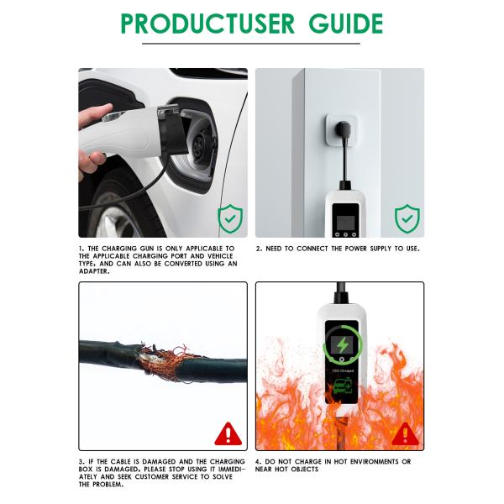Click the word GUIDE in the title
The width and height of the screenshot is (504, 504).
click(346, 24)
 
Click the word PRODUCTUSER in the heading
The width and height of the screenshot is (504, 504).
click(207, 24)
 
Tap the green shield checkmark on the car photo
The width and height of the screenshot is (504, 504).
click(230, 218)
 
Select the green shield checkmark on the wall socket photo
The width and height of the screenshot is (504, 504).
click(407, 218)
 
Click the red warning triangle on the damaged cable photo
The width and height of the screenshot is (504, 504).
click(228, 434)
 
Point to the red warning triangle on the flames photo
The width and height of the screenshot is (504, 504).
click(406, 434)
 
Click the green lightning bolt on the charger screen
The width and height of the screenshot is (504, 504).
click(342, 345)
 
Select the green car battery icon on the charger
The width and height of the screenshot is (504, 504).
click(343, 386)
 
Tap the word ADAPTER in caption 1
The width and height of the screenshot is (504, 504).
click(94, 271)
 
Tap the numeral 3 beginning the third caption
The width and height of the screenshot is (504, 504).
click(81, 461)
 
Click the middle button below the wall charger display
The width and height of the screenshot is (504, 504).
click(345, 234)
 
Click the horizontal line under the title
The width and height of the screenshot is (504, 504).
click(251, 44)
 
